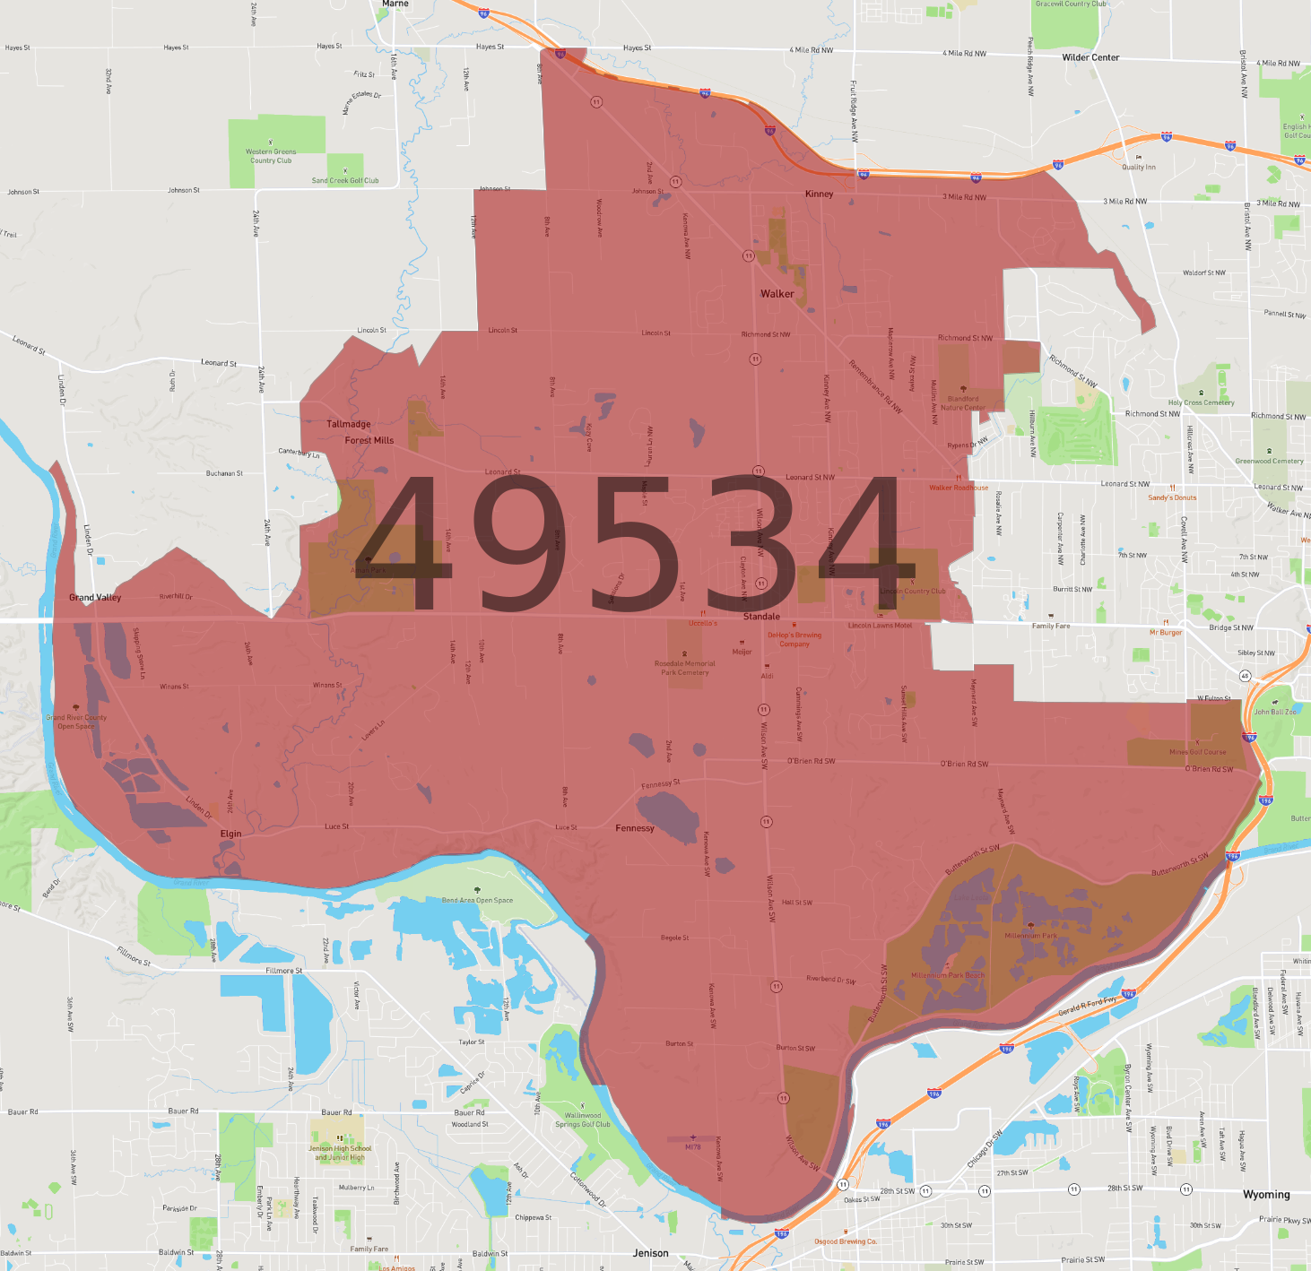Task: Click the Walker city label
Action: pos(777,294)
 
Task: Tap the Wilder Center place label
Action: pos(1090,57)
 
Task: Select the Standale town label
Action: pos(761,617)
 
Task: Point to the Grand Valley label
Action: pos(95,598)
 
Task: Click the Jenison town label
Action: pos(650,1253)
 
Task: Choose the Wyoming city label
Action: pos(1266,1195)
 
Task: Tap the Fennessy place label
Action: pos(635,828)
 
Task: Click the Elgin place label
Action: pos(230,834)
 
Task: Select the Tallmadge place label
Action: pos(349,424)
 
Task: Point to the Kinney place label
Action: pos(819,194)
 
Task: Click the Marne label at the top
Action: pos(395,4)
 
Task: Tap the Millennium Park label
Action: pos(1030,936)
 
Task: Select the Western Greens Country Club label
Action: pos(271,156)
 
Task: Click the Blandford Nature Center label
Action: pos(963,403)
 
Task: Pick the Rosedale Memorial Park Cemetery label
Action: pos(685,668)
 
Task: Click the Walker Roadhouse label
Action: pos(959,488)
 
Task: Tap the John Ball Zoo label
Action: pos(1274,712)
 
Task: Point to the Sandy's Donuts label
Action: pos(1172,497)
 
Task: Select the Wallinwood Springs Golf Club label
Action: pos(582,1120)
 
